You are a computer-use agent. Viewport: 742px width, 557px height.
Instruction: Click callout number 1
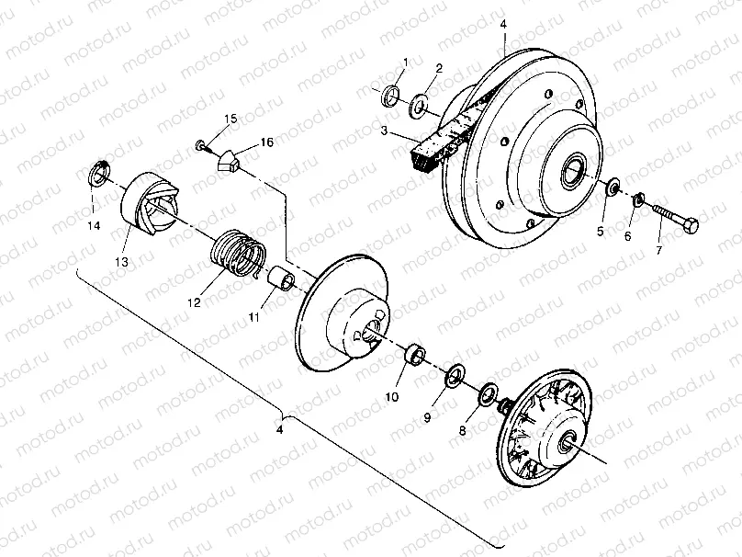405,61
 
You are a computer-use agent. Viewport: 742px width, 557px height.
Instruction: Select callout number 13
121,262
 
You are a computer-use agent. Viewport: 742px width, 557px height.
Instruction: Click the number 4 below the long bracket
282,429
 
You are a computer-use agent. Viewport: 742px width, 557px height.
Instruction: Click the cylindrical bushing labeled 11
281,278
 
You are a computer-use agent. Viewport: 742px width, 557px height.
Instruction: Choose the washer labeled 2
421,104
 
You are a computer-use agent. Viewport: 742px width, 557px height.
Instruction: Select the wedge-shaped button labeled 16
230,162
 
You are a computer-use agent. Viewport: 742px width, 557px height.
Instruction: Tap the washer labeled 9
453,376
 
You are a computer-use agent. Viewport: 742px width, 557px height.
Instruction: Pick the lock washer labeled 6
639,199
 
